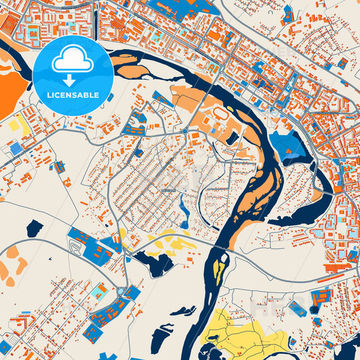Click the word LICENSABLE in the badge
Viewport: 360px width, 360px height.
75,95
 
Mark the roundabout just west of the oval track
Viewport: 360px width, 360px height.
185,130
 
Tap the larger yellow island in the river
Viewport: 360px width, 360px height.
217,269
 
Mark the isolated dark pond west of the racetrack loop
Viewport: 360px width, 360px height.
34,228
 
